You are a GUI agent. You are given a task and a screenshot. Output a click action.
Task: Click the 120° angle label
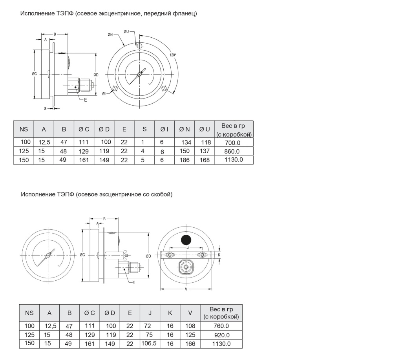pyautogui.click(x=173, y=55)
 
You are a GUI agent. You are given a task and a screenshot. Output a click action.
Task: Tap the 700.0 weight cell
pyautogui.click(x=233, y=143)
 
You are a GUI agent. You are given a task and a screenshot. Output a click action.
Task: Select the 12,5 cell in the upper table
pyautogui.click(x=44, y=142)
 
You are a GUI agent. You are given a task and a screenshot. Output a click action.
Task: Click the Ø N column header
pyautogui.click(x=185, y=130)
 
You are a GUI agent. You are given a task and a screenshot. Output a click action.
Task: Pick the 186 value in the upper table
pyautogui.click(x=185, y=160)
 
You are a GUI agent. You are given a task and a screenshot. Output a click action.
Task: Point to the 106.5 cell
pyautogui.click(x=149, y=343)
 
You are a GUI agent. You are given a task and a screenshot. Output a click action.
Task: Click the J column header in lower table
pyautogui.click(x=150, y=313)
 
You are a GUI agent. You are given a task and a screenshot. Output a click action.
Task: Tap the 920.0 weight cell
pyautogui.click(x=222, y=335)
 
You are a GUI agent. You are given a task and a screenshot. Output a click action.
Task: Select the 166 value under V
pyautogui.click(x=190, y=344)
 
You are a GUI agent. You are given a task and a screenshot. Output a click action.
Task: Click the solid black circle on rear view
pyautogui.click(x=186, y=240)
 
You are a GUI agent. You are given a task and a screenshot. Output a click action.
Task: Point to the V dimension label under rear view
pyautogui.click(x=186, y=289)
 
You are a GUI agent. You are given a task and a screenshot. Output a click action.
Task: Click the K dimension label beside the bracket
pyautogui.click(x=219, y=255)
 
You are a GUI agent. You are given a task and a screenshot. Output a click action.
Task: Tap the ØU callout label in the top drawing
pyautogui.click(x=126, y=32)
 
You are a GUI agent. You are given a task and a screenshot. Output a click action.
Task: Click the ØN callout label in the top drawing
pyautogui.click(x=110, y=35)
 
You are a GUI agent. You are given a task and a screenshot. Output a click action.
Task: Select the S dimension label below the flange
pyautogui.click(x=45, y=109)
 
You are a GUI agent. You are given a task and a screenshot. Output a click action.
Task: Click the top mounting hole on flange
pyautogui.click(x=139, y=46)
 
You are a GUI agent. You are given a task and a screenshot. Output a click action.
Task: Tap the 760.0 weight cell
pyautogui.click(x=221, y=326)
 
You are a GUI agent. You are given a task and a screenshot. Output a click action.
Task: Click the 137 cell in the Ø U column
pyautogui.click(x=205, y=151)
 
